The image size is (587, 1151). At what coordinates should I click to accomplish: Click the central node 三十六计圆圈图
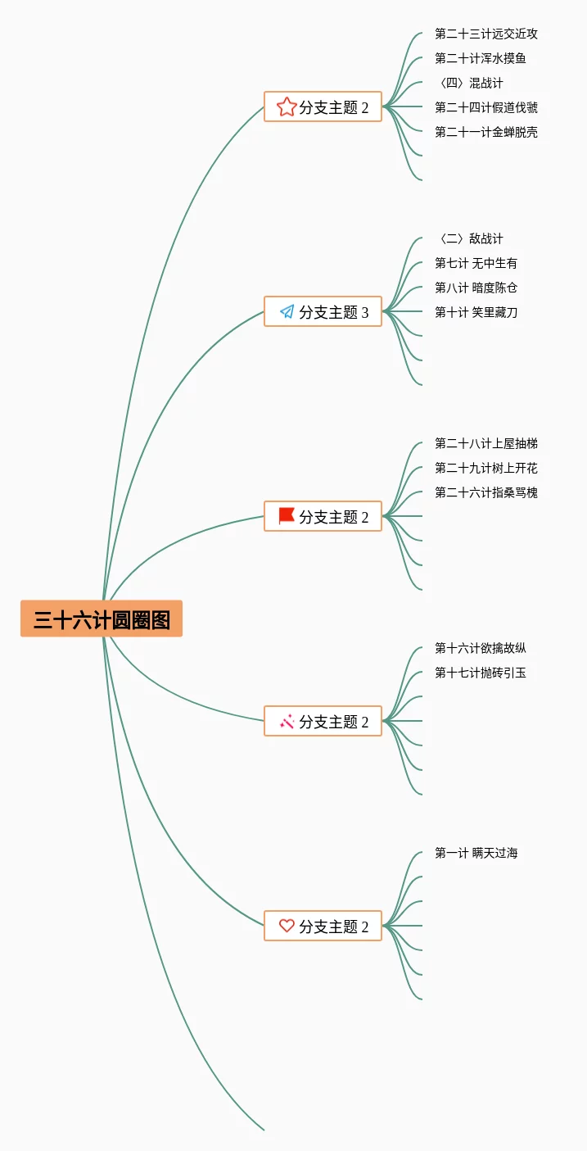[102, 619]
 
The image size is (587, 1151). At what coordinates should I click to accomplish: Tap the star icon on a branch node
[286, 106]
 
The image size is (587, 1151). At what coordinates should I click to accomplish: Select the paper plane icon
[287, 311]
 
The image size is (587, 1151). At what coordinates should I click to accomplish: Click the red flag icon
[287, 515]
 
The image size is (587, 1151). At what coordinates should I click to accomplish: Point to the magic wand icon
[287, 721]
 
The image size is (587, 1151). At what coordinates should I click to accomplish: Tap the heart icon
[287, 926]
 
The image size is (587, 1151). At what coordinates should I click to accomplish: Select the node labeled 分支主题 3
[323, 311]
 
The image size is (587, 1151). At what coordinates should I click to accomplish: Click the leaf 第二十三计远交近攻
[486, 34]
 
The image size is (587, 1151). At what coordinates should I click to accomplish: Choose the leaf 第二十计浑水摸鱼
[481, 58]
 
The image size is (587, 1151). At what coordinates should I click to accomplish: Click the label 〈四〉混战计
[470, 83]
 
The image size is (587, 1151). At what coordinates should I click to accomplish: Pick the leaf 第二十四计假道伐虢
[486, 107]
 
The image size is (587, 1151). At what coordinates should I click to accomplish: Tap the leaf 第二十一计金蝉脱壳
[486, 132]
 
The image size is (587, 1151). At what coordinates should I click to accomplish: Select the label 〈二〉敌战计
[470, 238]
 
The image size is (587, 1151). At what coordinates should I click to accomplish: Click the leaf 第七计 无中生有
[476, 263]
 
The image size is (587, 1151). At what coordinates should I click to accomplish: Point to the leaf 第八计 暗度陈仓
[476, 288]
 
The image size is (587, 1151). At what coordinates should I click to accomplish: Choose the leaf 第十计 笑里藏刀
[476, 312]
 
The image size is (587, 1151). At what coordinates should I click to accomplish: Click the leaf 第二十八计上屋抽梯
[486, 443]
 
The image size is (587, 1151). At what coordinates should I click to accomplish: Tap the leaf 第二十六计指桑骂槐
[486, 492]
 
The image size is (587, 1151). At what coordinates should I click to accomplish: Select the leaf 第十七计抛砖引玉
[481, 673]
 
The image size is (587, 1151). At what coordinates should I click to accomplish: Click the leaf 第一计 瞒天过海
[476, 853]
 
